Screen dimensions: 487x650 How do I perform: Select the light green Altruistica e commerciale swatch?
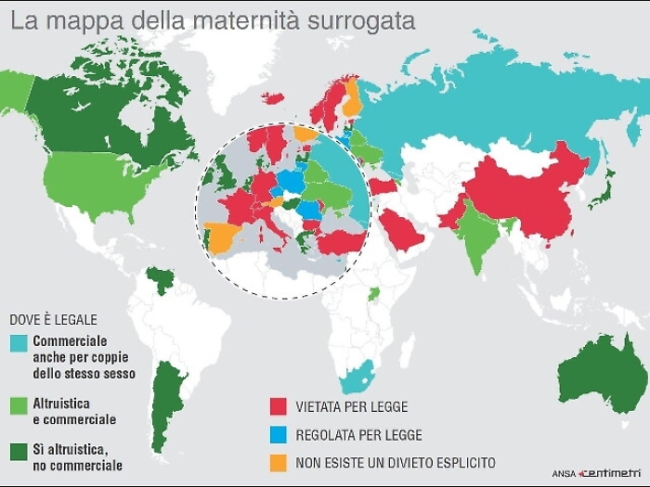pyautogui.click(x=19, y=404)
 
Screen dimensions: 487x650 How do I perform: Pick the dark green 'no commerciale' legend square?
pyautogui.click(x=19, y=451)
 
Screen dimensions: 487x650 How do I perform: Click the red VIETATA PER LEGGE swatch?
pyautogui.click(x=278, y=406)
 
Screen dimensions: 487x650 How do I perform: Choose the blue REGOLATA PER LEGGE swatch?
pyautogui.click(x=278, y=434)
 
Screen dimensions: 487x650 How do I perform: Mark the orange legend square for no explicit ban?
pyautogui.click(x=278, y=461)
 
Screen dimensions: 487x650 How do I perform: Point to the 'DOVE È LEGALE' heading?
pyautogui.click(x=53, y=318)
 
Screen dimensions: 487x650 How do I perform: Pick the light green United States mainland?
pyautogui.click(x=88, y=181)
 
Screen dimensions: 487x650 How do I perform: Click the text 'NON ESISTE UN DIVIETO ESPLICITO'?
pyautogui.click(x=396, y=462)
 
